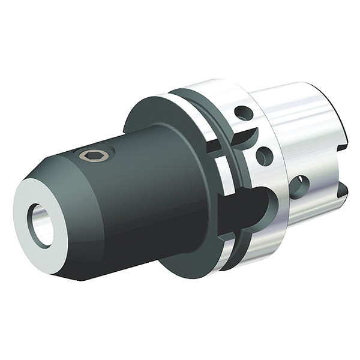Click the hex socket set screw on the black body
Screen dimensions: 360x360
coord(95,155)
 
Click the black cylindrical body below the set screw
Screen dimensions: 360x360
coord(138,198)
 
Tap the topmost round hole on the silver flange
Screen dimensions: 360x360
coord(242,112)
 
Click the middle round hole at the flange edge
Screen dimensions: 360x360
coord(264,155)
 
